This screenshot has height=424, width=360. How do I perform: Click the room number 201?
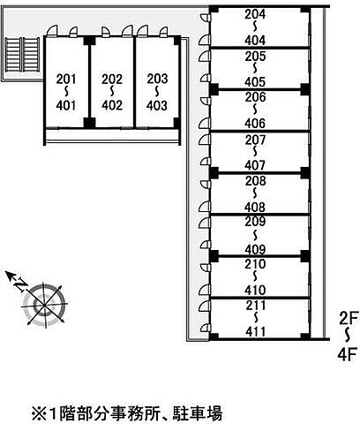point(66,79)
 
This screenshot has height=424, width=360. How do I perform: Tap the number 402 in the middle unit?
point(112,105)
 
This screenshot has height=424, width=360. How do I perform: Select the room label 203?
point(157,79)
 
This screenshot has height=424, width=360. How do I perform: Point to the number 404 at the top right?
point(255,41)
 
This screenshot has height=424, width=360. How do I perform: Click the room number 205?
point(255,57)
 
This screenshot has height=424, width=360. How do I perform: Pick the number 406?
point(255,124)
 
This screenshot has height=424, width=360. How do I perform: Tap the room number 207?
point(255,140)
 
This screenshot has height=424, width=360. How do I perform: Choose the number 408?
point(255,208)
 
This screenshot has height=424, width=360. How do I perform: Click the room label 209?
point(255,222)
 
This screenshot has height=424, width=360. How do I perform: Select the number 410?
point(255,291)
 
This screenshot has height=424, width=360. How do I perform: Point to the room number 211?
point(256,306)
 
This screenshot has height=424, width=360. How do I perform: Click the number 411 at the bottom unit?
point(256,332)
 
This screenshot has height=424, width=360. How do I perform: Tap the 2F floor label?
point(349,318)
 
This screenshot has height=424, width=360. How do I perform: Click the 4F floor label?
point(348,354)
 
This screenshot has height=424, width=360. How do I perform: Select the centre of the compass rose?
point(44,305)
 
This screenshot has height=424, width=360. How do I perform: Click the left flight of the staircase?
point(13,55)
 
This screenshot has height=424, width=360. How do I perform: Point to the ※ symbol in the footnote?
point(39,413)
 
